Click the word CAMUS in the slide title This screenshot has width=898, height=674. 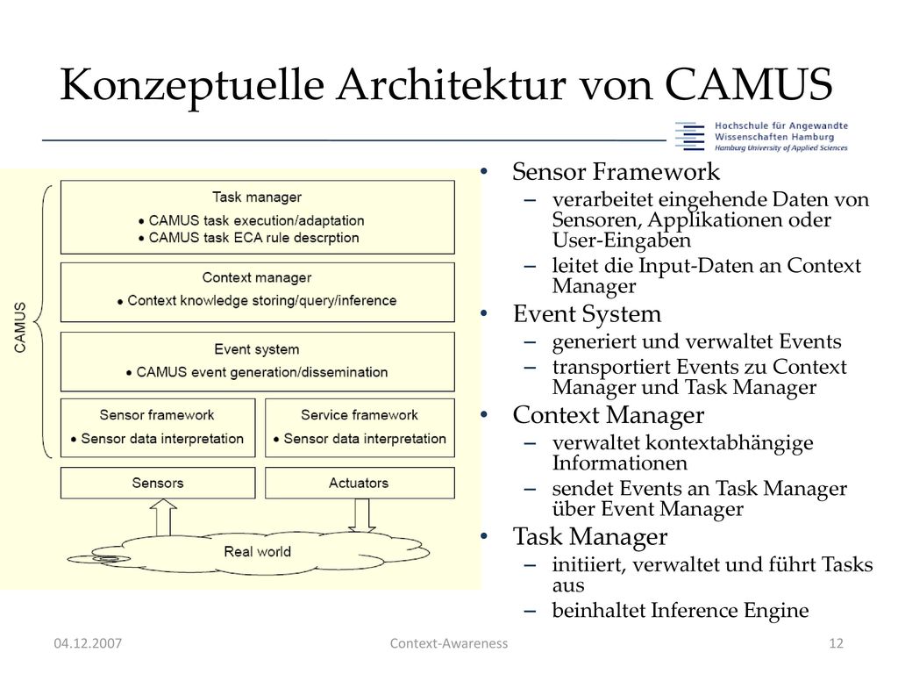(748, 84)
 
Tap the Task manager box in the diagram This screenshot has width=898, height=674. (257, 218)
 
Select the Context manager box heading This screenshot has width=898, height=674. (257, 278)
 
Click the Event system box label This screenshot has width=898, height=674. (257, 349)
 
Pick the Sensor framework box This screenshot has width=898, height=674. (158, 428)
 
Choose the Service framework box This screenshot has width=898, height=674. (360, 428)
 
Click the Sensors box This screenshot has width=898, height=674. (158, 484)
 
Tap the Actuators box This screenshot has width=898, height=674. (360, 484)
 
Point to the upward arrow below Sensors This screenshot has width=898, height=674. (164, 517)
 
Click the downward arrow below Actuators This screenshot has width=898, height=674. (362, 515)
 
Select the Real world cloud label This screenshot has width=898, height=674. (257, 551)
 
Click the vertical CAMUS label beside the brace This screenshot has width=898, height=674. (20, 327)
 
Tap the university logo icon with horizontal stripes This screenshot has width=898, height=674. (689, 136)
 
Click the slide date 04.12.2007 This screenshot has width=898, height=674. (88, 643)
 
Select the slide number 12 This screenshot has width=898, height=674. (836, 643)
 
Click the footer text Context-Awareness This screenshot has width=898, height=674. (449, 643)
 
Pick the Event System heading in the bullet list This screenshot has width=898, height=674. (587, 314)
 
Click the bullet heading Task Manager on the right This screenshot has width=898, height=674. (590, 537)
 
